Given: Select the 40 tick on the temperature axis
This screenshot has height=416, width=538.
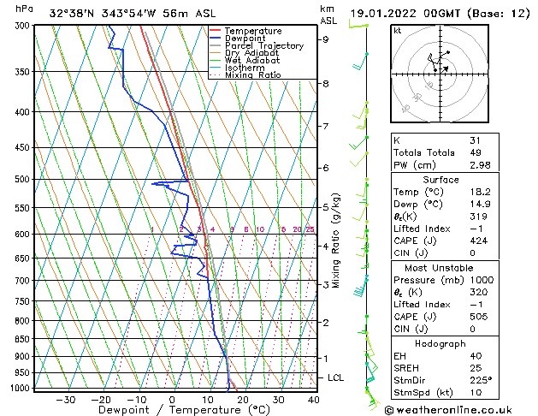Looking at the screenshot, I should [314, 400].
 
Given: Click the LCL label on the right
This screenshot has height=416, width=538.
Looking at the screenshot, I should [336, 377].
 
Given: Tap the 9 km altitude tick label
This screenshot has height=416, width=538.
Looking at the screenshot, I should [325, 39].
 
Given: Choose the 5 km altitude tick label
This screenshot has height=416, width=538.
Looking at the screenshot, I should [325, 207].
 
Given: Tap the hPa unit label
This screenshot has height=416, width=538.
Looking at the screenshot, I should [25, 9].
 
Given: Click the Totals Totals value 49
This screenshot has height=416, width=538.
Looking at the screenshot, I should [476, 152].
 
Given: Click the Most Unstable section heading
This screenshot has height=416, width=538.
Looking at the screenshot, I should [440, 267].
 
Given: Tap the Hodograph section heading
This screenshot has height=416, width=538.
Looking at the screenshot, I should [440, 342].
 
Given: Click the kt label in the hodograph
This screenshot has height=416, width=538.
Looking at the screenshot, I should [397, 30].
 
